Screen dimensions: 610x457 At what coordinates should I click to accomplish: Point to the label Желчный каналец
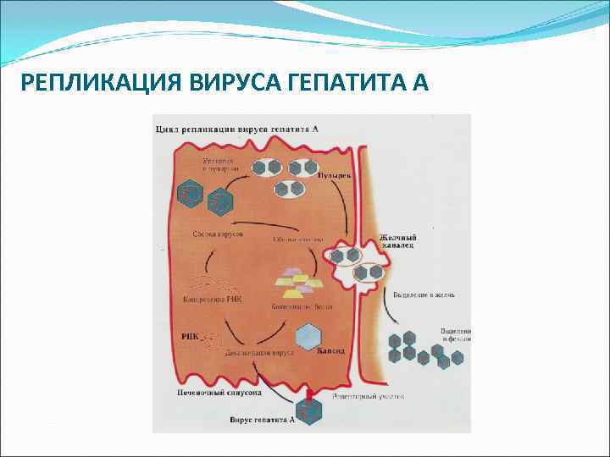point(397,243)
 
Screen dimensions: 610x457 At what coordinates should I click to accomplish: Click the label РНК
point(190,336)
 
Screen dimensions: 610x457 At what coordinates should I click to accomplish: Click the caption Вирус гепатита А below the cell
point(262,418)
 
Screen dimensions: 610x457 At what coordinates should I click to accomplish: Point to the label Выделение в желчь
point(424,295)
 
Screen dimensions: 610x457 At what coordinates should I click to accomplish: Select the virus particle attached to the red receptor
point(312,412)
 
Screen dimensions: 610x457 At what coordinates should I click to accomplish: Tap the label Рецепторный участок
point(369,395)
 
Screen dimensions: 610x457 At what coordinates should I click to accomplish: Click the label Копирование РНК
point(212,299)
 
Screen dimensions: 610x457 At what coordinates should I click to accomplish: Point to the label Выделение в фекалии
point(455,334)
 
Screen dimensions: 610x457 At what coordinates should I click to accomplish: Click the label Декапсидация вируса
point(258,354)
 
